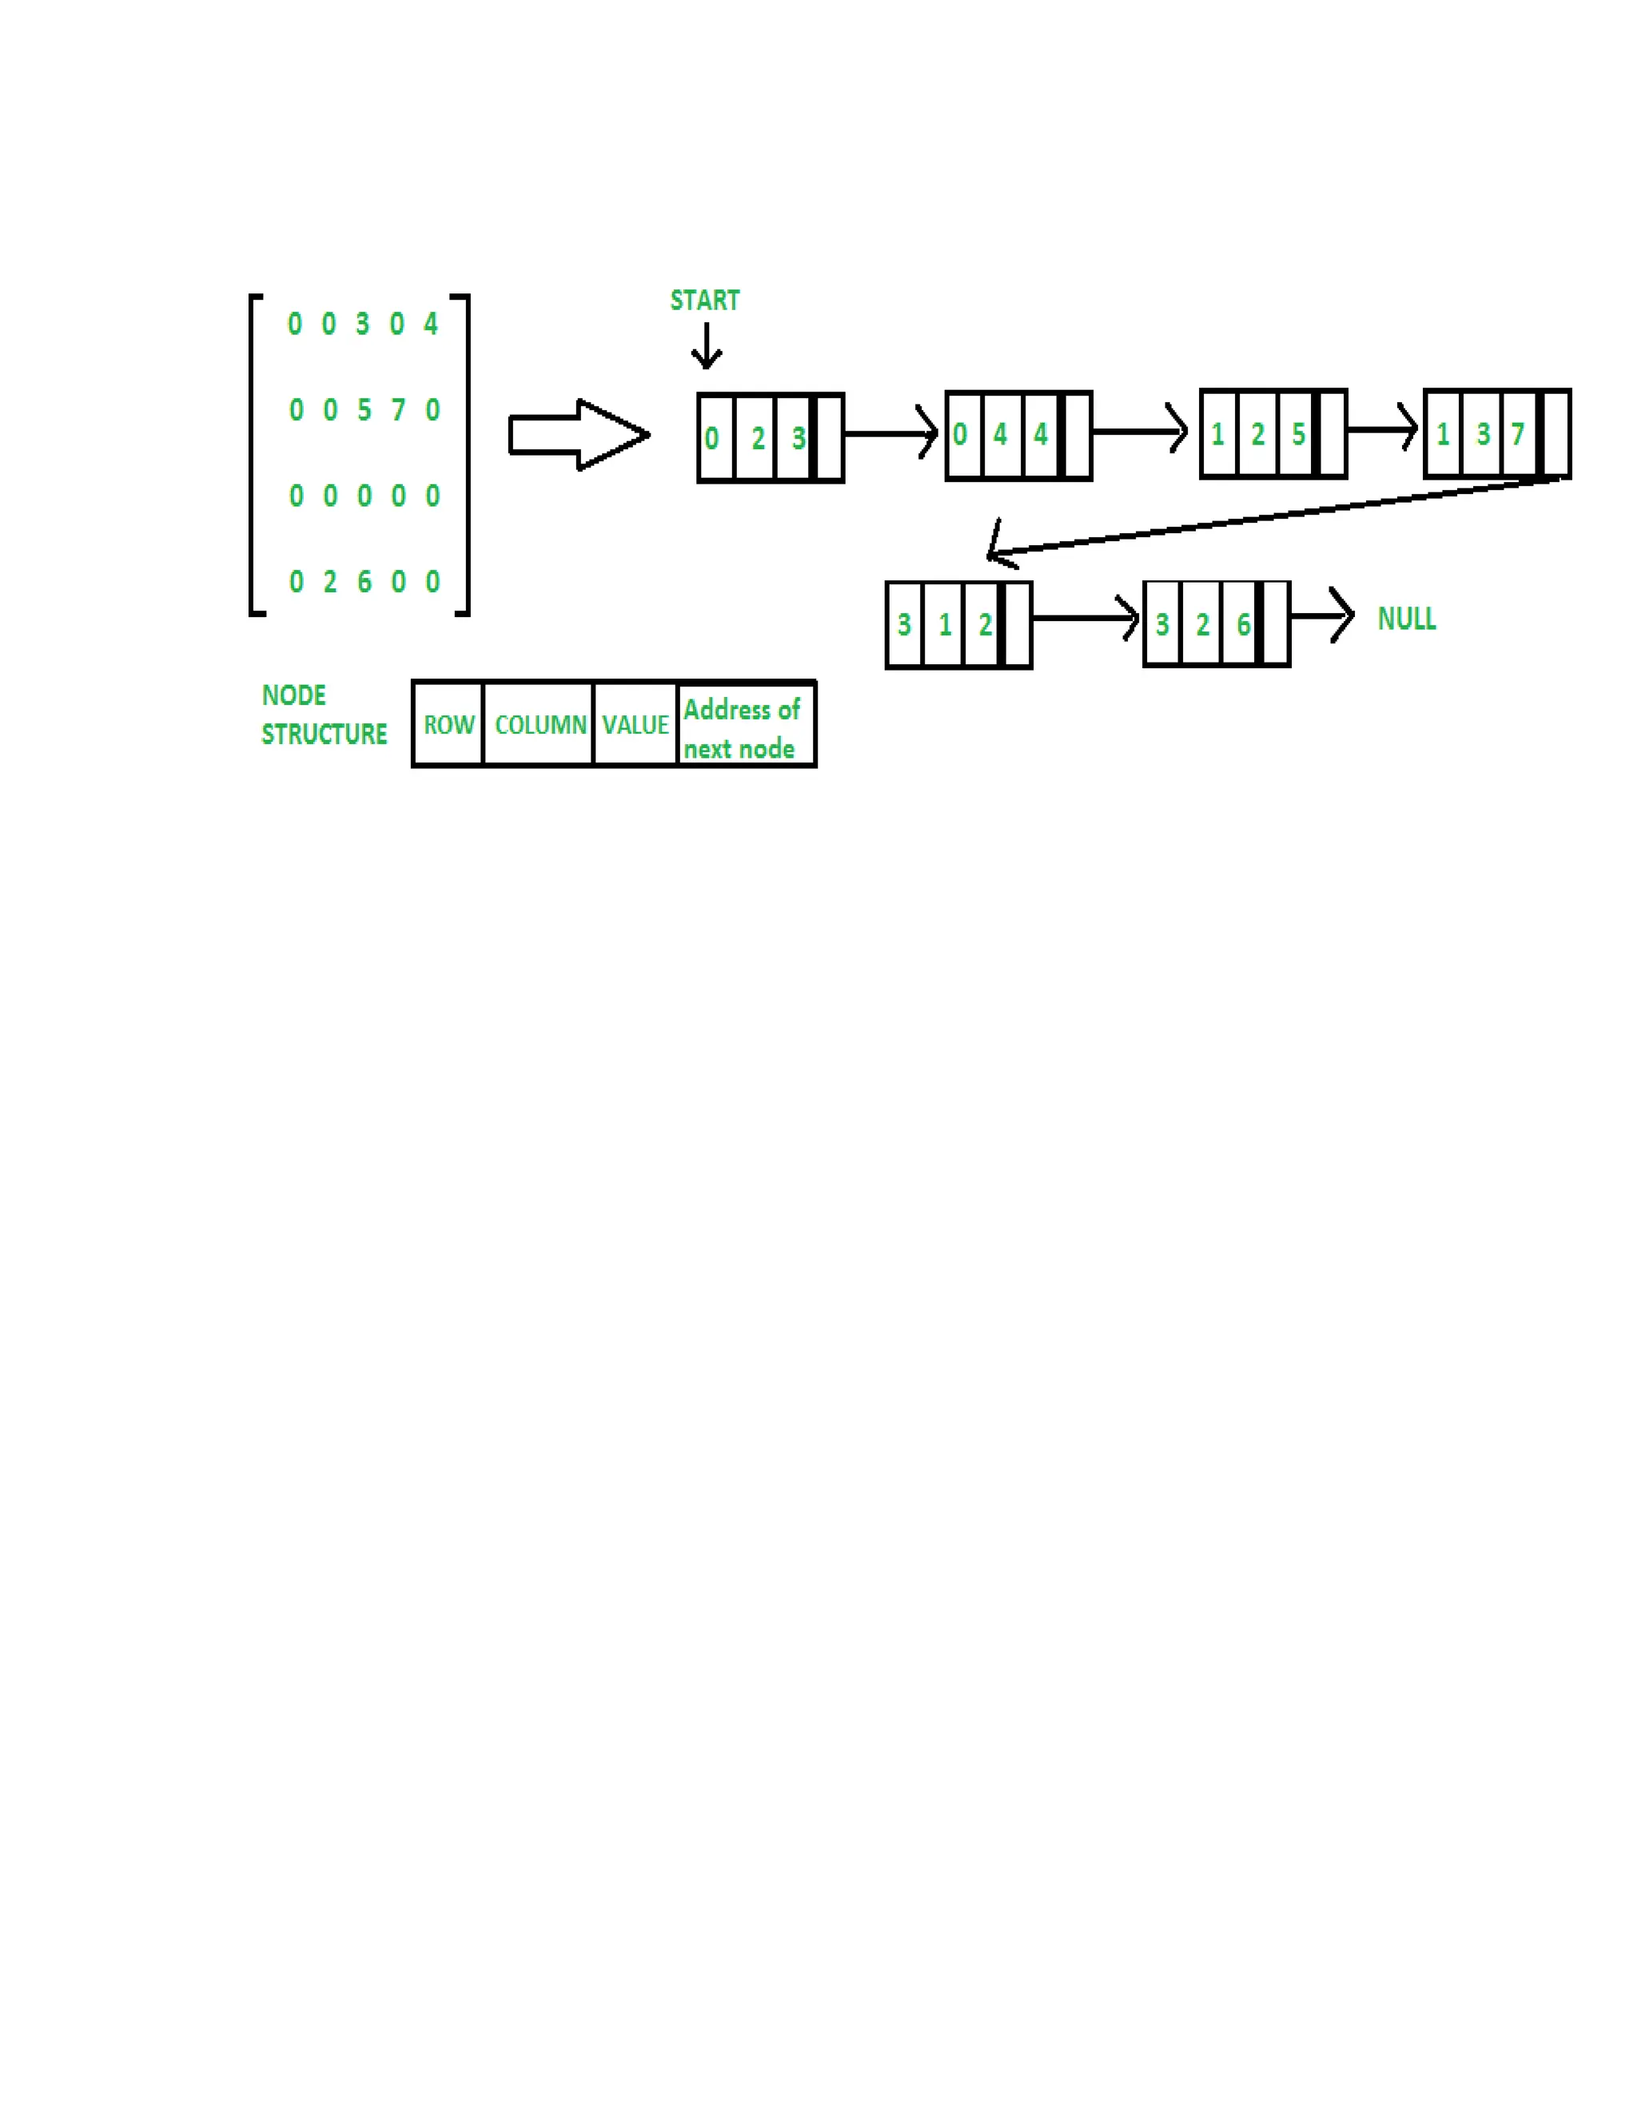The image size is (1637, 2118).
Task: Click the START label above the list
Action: (704, 301)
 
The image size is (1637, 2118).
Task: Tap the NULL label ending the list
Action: (1406, 619)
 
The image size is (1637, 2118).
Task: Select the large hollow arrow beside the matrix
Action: (579, 436)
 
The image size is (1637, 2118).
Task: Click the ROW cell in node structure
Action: (448, 724)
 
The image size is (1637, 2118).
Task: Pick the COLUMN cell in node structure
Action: (540, 724)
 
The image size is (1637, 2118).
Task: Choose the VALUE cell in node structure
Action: (635, 724)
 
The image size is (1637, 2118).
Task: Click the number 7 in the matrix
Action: (397, 410)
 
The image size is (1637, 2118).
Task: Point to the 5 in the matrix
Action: (364, 410)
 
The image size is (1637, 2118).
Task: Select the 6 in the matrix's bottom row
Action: (364, 582)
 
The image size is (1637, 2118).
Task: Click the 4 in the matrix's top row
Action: (431, 324)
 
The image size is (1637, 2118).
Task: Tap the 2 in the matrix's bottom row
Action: (330, 582)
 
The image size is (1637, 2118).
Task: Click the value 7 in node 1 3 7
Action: (1518, 435)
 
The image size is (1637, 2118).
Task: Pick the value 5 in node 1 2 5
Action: (1297, 435)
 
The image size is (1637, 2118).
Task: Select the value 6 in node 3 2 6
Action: (1242, 624)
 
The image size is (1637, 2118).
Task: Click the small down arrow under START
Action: (706, 346)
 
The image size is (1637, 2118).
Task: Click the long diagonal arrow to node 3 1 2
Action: (1261, 518)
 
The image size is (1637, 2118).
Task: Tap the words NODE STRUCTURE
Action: (323, 715)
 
